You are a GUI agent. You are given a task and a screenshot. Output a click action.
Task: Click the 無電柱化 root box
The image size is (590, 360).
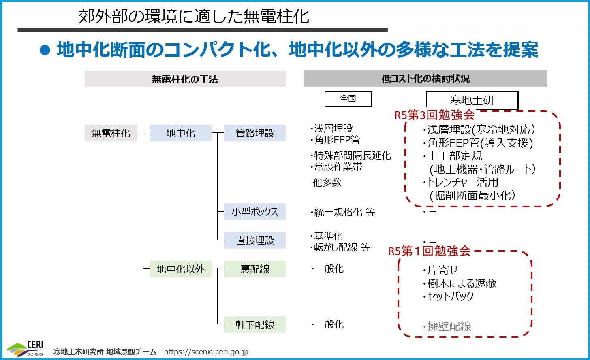pos(111,133)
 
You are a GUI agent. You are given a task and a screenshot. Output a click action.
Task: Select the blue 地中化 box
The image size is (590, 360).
pos(181,133)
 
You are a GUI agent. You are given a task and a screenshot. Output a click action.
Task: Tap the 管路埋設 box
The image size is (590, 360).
pos(255,133)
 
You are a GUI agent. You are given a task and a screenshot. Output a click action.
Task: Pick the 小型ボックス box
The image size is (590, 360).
pos(255,211)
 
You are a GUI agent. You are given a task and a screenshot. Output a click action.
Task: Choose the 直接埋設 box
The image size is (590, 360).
pos(255,240)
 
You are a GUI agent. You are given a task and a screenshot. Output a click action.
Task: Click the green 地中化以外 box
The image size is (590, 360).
pos(181,269)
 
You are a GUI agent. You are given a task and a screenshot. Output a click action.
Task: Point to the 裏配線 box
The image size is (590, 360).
pos(255,269)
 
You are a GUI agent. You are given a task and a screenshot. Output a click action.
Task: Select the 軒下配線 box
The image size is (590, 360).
pos(255,324)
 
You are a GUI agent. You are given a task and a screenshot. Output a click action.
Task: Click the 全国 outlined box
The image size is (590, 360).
pos(348,99)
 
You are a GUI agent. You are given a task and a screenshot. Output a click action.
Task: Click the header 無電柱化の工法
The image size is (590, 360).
pos(185,79)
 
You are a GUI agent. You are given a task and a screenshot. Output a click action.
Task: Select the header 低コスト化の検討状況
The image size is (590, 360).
pos(425,79)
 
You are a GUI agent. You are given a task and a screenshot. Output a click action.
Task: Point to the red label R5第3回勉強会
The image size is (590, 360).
pos(434,115)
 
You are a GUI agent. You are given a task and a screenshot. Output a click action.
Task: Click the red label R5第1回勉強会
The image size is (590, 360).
pos(430,251)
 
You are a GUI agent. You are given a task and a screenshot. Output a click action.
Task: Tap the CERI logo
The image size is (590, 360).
pos(26,349)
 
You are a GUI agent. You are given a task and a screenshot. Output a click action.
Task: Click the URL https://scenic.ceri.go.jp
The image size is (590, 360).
pos(206,351)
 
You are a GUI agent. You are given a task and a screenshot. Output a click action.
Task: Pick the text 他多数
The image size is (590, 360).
pos(327,182)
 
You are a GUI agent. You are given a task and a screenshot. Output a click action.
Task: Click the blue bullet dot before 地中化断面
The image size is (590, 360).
pos(45,50)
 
